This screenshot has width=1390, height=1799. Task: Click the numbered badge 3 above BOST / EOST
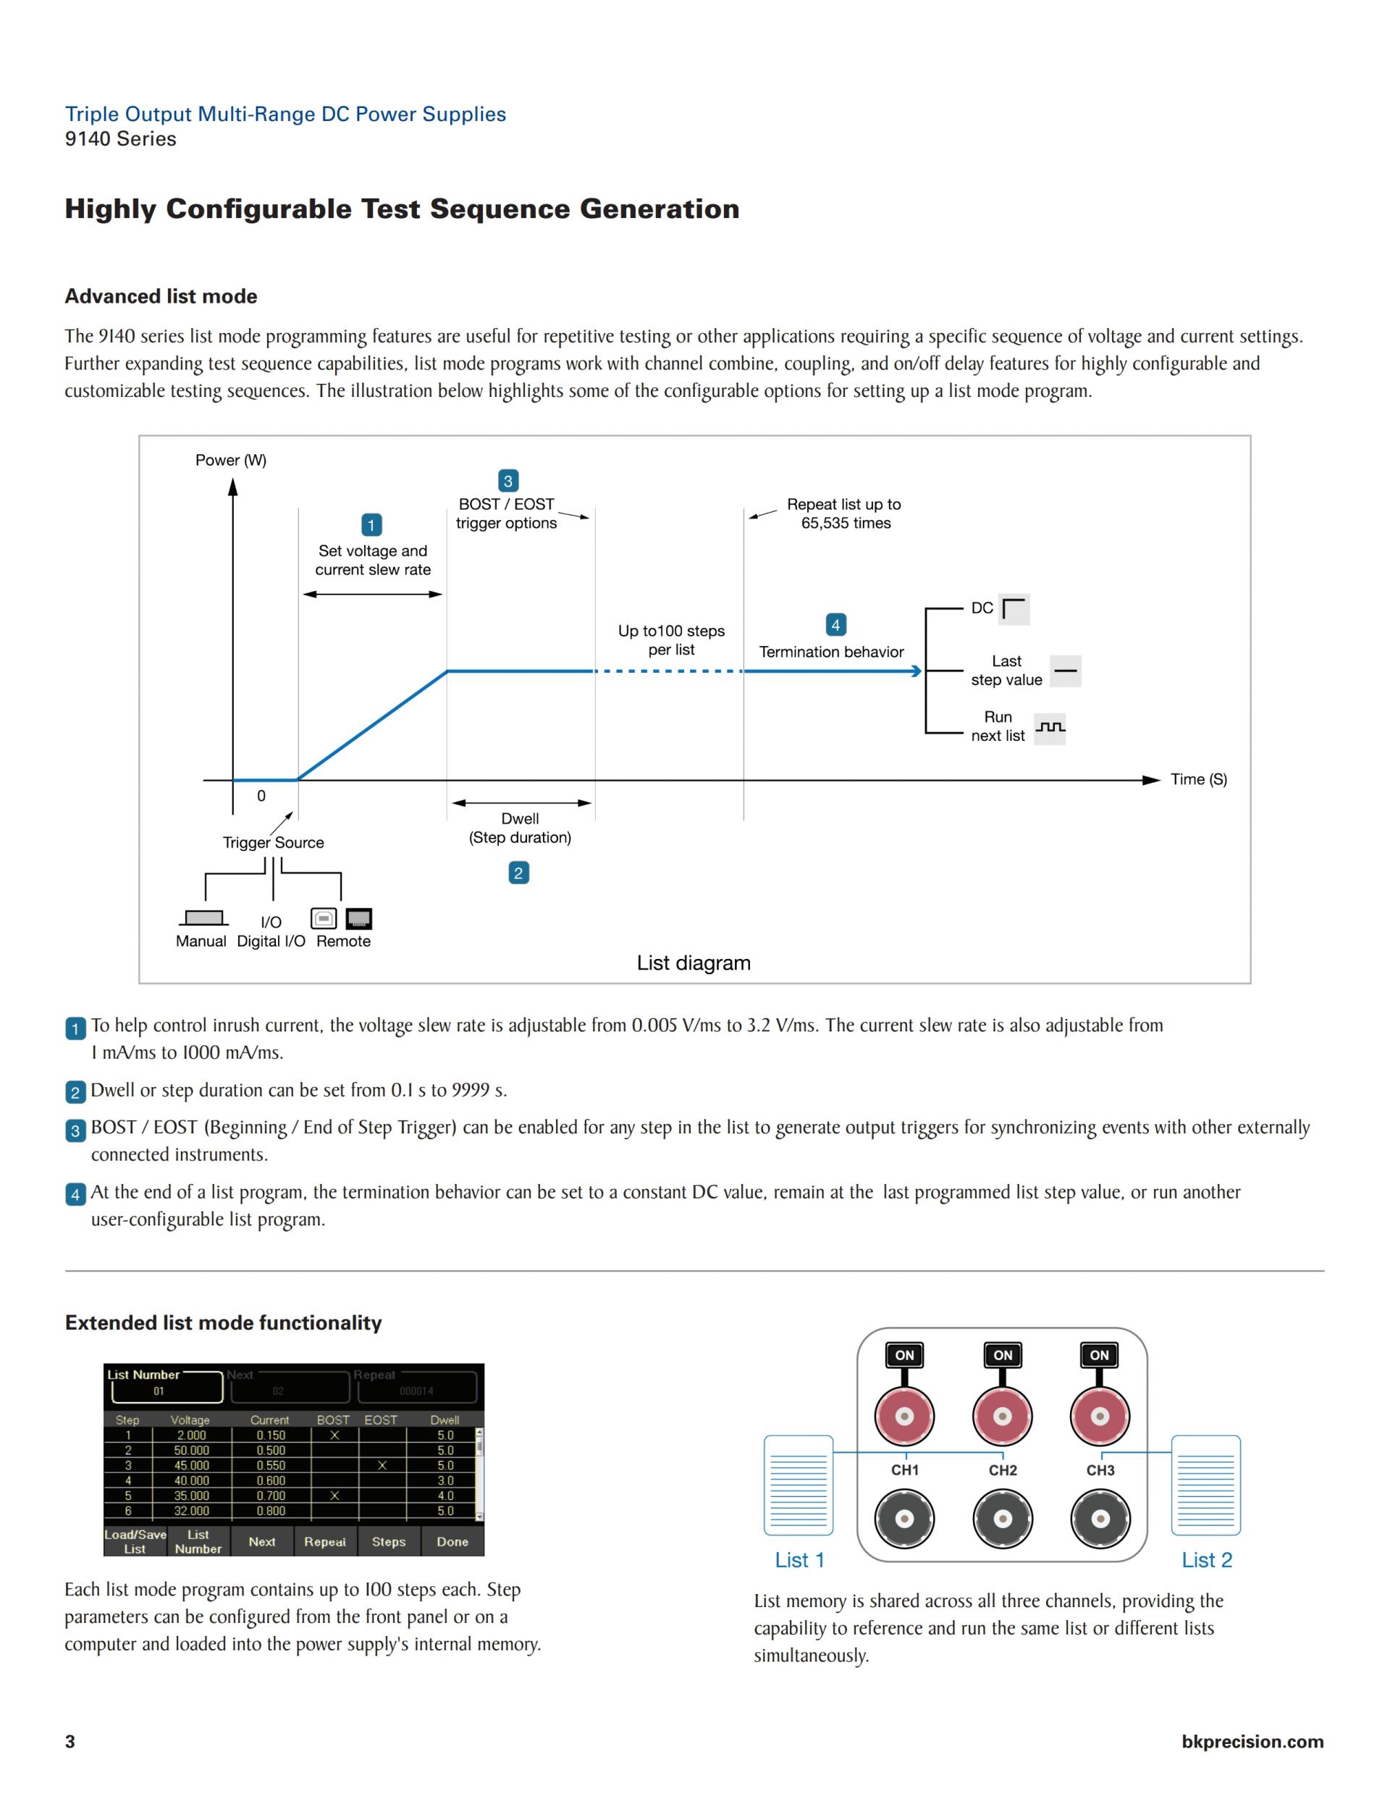pos(508,481)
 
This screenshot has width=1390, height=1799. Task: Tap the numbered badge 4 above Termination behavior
pos(836,624)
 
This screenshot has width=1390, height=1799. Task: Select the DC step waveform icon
pos(1014,609)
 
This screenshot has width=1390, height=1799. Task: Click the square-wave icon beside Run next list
pos(1049,728)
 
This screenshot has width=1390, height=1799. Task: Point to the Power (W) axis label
pos(230,460)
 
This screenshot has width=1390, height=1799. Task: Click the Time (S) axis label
pos(1198,779)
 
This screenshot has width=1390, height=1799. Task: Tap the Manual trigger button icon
pos(203,918)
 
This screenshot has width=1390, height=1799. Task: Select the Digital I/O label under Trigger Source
pos(271,941)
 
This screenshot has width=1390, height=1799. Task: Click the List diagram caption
pos(694,963)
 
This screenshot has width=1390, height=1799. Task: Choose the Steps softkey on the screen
pos(389,1541)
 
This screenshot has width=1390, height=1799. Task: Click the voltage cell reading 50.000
pos(191,1451)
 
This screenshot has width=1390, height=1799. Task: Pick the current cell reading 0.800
pos(271,1511)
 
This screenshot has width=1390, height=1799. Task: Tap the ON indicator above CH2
pos(1002,1355)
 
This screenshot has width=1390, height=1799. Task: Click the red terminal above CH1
pos(904,1417)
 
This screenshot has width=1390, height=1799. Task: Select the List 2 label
pos(1206,1560)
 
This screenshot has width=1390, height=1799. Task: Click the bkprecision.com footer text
pos(1252,1740)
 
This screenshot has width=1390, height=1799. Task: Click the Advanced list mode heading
pos(161,296)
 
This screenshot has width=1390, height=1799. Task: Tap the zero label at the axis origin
pos(261,796)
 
